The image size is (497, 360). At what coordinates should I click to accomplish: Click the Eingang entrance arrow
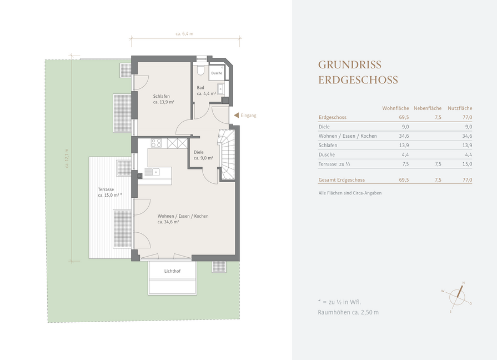point(236,116)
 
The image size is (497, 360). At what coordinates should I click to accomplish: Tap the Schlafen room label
point(162,96)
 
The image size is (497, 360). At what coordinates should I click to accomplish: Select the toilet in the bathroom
point(200,70)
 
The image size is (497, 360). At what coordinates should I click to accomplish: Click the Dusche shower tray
point(217,73)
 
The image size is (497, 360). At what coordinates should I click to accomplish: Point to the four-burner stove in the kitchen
point(156,143)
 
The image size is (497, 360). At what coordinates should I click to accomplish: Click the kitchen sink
point(153,172)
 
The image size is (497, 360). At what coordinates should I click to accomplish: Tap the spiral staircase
point(227,155)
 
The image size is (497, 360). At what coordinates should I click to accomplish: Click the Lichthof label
point(173,271)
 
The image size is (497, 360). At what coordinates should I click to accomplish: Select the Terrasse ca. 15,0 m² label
point(109,192)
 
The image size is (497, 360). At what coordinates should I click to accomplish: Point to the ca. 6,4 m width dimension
point(185,34)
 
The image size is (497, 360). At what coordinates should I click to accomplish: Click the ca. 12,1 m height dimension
point(67,158)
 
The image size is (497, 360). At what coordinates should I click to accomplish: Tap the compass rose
point(457,297)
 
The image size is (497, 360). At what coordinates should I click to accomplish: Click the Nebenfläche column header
point(427,108)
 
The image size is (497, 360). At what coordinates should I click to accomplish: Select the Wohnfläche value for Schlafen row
point(404,145)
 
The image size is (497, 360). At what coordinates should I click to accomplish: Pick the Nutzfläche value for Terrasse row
point(467,164)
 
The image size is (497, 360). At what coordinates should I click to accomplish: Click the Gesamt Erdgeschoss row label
point(342,180)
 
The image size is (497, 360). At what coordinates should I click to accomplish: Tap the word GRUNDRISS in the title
point(350,64)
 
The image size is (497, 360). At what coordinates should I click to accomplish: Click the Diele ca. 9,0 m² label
point(203,155)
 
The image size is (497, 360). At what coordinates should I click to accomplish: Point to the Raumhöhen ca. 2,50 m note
point(348,312)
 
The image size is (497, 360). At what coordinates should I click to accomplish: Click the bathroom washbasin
point(220,89)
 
